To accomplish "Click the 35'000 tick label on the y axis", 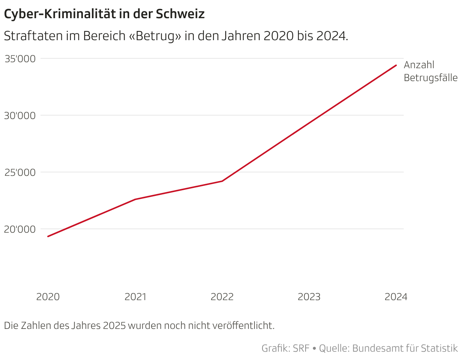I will (x=20, y=59).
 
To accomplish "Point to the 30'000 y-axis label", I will (x=20, y=116).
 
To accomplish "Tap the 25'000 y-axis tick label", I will (x=20, y=172).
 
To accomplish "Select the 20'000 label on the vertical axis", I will (x=20, y=229).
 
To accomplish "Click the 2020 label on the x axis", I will (x=48, y=297).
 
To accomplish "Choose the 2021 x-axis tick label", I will (x=135, y=297).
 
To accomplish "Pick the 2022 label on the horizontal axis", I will (x=222, y=297).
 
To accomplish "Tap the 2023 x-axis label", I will (x=309, y=297).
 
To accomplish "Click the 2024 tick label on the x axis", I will (x=396, y=297).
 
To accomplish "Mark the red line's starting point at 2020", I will (x=48, y=236).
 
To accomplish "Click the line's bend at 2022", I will (x=222, y=181).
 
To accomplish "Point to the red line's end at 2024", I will (x=396, y=65).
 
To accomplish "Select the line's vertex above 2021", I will (x=135, y=199).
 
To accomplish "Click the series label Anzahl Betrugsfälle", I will (x=431, y=71).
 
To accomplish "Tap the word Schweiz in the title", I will (x=180, y=14).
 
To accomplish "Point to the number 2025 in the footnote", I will (x=114, y=326).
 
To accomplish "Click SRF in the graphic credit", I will (x=301, y=348).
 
